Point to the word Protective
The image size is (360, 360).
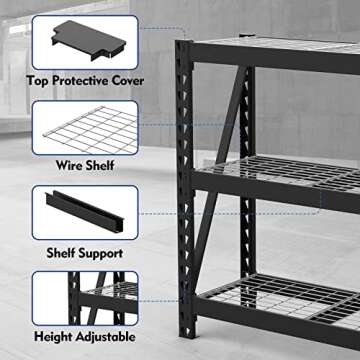[86, 79]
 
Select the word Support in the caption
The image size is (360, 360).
[101, 254]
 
